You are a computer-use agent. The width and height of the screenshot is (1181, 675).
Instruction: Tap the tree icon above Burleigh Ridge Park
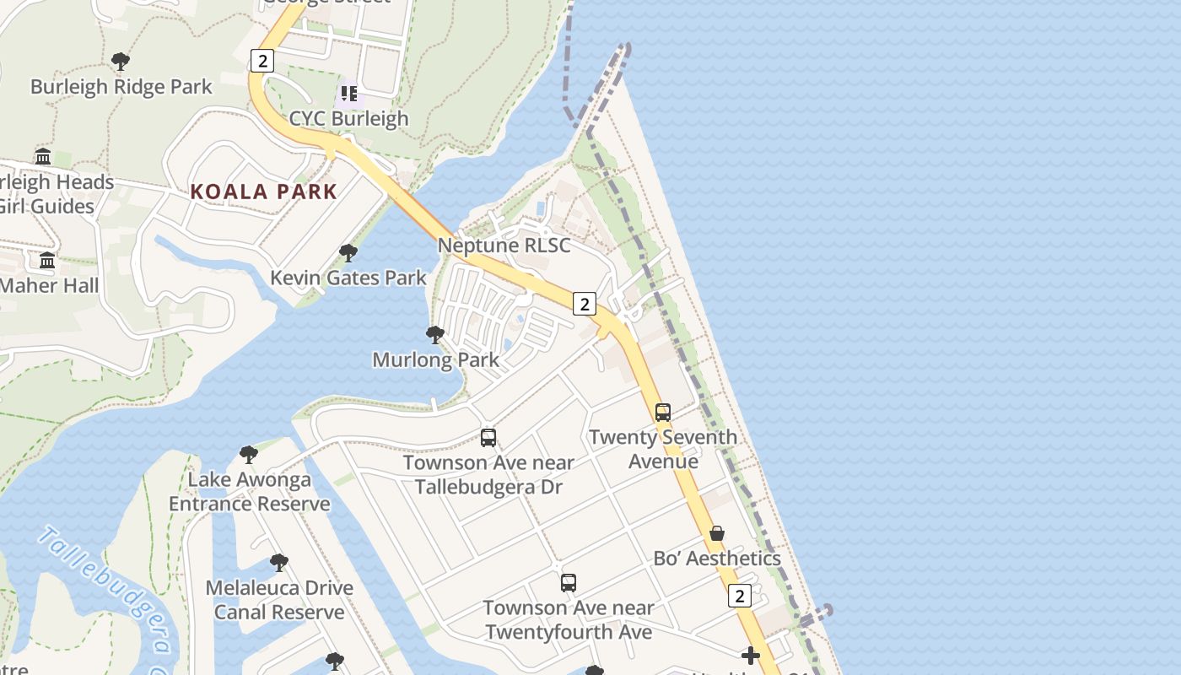coord(121,61)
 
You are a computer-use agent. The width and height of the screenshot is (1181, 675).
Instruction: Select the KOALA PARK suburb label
coord(263,192)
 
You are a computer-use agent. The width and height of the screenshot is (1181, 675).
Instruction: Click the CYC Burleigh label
coord(348,119)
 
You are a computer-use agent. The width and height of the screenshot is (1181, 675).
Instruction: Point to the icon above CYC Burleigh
coord(348,93)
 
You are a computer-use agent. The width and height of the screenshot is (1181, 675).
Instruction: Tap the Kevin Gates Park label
coord(348,278)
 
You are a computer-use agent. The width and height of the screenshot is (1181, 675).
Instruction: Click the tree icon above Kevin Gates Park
coord(348,252)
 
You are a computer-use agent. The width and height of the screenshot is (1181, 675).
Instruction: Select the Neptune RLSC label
coord(504,246)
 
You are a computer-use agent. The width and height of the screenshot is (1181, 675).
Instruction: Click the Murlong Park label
coord(435,360)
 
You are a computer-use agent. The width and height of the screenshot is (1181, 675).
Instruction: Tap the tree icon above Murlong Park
coord(435,335)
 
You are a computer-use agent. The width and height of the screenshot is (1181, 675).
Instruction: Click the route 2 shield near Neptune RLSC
coord(584,304)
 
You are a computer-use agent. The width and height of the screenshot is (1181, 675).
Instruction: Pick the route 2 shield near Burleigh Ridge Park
coord(262,61)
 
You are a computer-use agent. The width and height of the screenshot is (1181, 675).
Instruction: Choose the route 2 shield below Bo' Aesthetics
coord(739,596)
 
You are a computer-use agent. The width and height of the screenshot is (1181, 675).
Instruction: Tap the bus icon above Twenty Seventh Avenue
coord(663,413)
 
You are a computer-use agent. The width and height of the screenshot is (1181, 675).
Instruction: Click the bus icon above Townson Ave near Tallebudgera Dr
coord(488,438)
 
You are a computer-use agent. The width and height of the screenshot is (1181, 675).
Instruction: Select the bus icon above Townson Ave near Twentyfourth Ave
coord(569,583)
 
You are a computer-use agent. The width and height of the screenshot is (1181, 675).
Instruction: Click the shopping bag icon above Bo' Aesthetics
coord(717,533)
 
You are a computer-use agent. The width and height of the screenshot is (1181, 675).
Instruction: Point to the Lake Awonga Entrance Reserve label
coord(249,492)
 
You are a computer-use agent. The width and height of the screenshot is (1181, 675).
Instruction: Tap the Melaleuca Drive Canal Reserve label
coord(279,600)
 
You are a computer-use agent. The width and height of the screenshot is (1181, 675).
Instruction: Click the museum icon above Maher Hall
coord(47,261)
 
